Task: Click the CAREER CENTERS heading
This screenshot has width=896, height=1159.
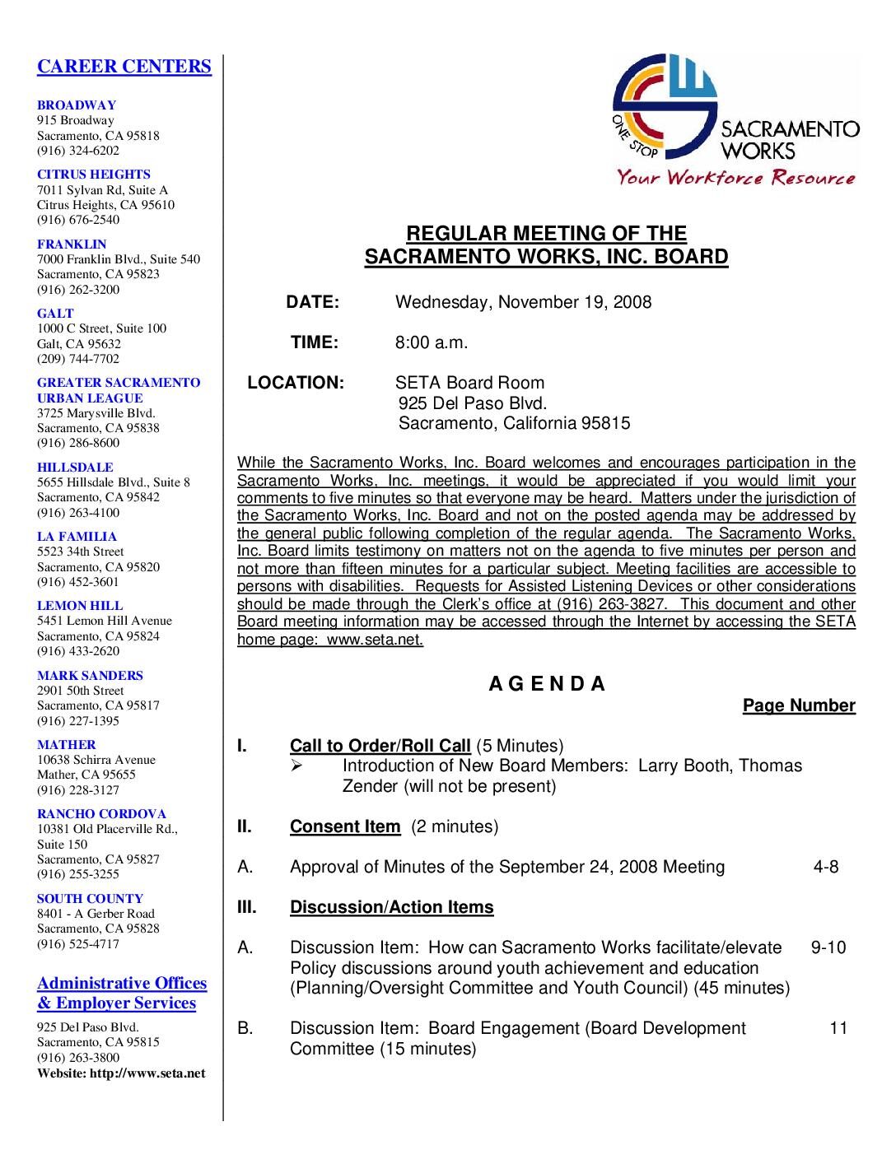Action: click(x=124, y=67)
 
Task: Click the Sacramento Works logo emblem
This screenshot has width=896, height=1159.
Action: click(x=664, y=105)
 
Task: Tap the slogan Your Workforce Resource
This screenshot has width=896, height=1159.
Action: click(x=736, y=177)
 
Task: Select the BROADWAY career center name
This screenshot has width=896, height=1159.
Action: click(x=77, y=105)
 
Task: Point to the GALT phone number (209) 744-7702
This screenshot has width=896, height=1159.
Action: click(x=78, y=359)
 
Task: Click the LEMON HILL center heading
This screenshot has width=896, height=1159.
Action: click(x=80, y=606)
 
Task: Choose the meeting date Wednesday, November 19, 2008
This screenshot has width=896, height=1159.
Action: click(x=523, y=302)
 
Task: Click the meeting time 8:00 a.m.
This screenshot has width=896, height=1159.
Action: click(x=431, y=342)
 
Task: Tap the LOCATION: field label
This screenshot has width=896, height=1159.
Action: click(x=296, y=383)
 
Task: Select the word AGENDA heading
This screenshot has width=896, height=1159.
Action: click(x=547, y=684)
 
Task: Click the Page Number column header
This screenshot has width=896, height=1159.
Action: click(x=798, y=705)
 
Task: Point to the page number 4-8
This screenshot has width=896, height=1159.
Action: click(x=825, y=867)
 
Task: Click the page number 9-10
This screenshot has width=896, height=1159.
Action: click(x=828, y=947)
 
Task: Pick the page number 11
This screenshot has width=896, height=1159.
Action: click(x=838, y=1028)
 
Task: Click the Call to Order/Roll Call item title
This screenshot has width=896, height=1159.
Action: click(x=380, y=746)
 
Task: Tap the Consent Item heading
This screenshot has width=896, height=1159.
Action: click(x=344, y=826)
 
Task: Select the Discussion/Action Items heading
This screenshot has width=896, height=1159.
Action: click(x=391, y=907)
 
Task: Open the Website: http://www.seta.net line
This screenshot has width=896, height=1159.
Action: click(x=121, y=1073)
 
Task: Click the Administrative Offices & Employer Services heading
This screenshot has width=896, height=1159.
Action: click(x=121, y=993)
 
